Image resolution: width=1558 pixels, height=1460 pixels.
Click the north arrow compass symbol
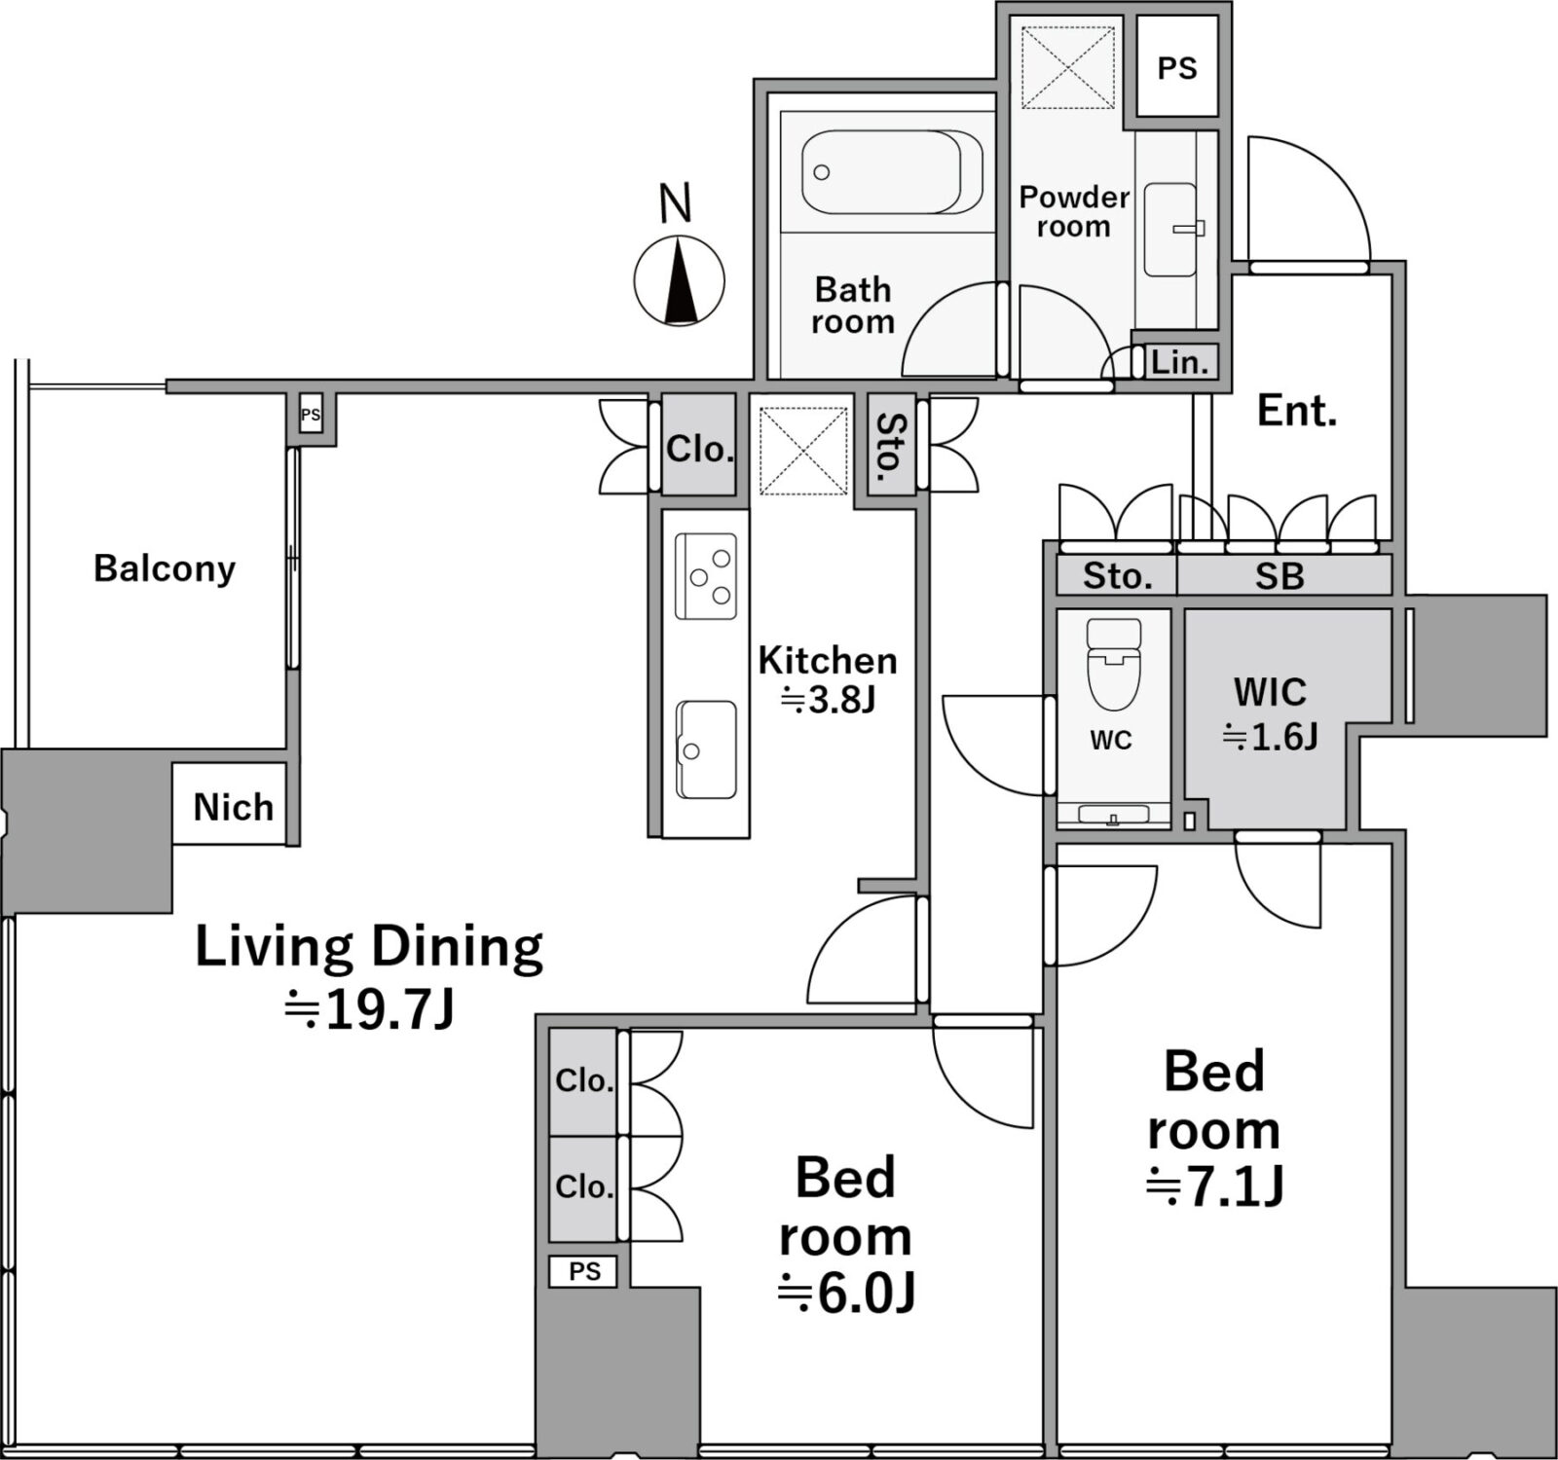tap(679, 280)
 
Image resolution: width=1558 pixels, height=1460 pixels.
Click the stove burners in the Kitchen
tap(707, 575)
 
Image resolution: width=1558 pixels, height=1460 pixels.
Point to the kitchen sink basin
tap(707, 748)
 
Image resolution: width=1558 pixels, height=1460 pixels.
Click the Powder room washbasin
tap(1171, 230)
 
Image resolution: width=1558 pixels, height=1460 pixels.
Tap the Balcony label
tap(165, 568)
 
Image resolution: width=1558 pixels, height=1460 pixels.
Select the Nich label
tap(234, 807)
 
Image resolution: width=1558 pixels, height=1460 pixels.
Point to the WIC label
tap(1270, 692)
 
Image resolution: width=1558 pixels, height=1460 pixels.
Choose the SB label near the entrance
tap(1280, 577)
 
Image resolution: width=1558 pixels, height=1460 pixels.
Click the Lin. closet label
tap(1179, 363)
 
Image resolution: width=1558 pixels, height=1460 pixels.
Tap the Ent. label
tap(1297, 412)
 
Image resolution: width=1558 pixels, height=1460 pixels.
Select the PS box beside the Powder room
tap(1177, 68)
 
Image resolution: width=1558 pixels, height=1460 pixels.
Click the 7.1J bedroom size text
tap(1214, 1186)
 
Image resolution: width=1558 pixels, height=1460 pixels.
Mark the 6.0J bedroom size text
tap(846, 1294)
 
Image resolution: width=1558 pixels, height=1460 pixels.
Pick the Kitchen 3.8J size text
tap(829, 700)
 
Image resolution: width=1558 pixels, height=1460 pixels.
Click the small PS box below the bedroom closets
tap(583, 1271)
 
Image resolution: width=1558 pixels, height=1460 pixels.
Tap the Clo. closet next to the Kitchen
tap(699, 449)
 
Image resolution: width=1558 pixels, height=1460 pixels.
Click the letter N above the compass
tap(676, 203)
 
